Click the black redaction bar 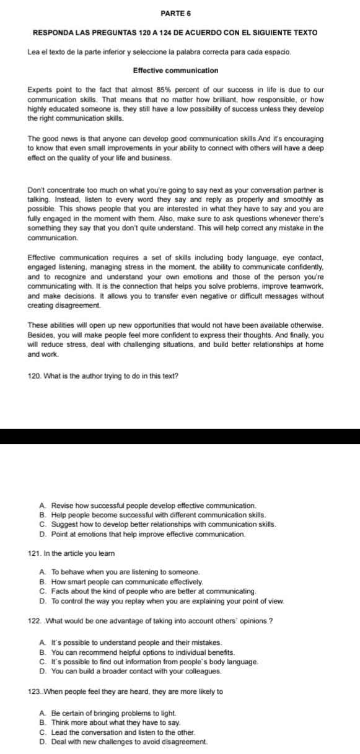(180, 436)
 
